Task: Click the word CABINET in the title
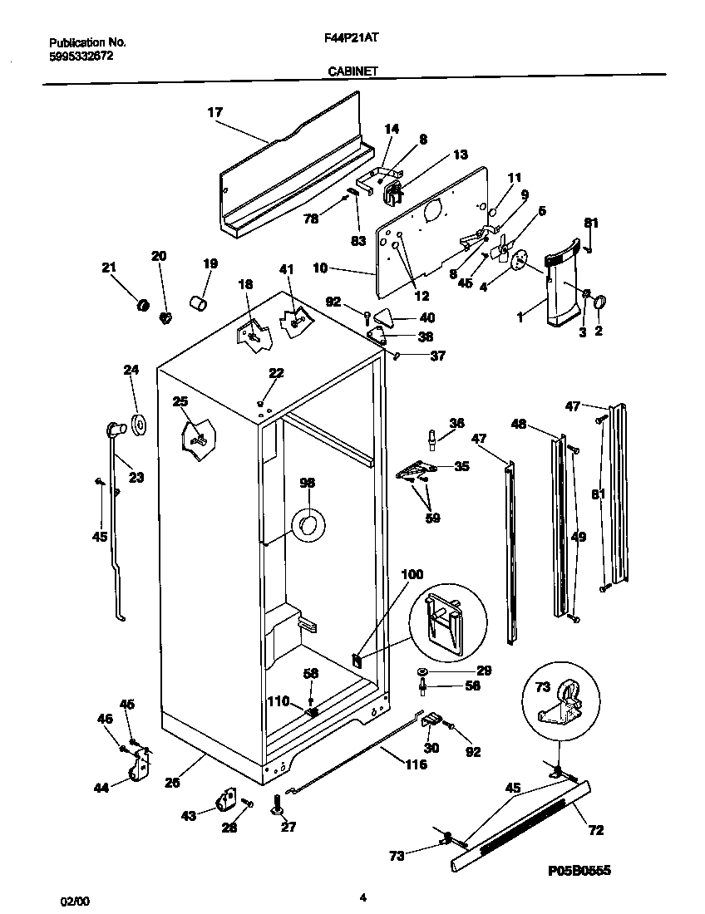click(348, 71)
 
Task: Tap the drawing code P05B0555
click(579, 870)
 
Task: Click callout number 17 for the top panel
click(215, 112)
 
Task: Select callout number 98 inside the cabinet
click(308, 482)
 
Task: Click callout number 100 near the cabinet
click(412, 574)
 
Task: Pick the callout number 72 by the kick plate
click(596, 829)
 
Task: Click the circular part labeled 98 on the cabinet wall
click(308, 523)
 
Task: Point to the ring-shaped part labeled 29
click(424, 671)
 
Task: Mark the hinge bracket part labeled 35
click(414, 471)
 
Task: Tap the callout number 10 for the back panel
click(343, 268)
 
